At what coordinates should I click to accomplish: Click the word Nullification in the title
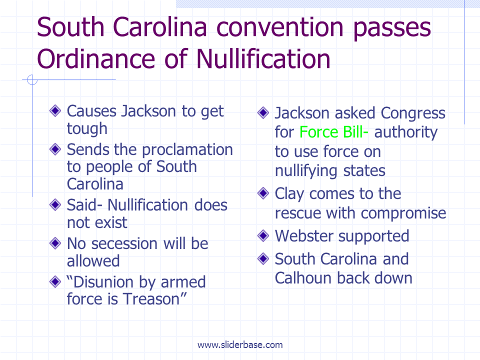coord(263,59)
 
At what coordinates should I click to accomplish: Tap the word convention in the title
coord(280,27)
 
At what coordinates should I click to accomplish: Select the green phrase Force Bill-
coord(333,132)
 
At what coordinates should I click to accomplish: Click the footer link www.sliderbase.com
coord(240,344)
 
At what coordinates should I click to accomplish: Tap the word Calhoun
coord(303,278)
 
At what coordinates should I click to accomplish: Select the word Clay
coord(289,194)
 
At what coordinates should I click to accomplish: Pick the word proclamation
coord(187,150)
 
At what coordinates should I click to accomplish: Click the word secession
coord(124,244)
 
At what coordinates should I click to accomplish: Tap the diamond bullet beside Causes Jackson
coord(55,110)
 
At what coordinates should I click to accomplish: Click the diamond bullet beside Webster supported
coord(263,235)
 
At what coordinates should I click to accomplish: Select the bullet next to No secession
coord(55,243)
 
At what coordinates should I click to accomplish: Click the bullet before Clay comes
coord(263,193)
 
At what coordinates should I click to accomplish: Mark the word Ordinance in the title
coord(96,59)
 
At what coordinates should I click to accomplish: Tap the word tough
coord(87,129)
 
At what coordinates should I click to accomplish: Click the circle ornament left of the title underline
coord(32,80)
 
